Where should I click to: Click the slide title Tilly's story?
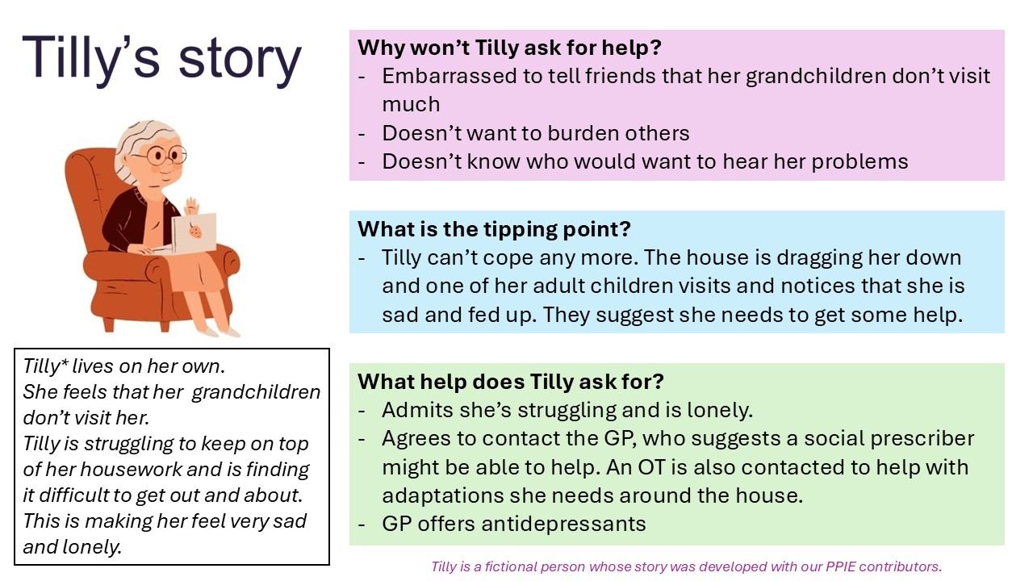point(161,61)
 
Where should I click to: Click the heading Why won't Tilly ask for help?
point(509,47)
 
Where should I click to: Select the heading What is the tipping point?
point(494,228)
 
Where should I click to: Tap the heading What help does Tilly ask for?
point(511,381)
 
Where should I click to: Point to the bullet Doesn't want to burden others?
point(536,132)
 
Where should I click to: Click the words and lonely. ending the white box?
point(72,546)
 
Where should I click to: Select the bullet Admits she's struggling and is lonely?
point(567,410)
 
